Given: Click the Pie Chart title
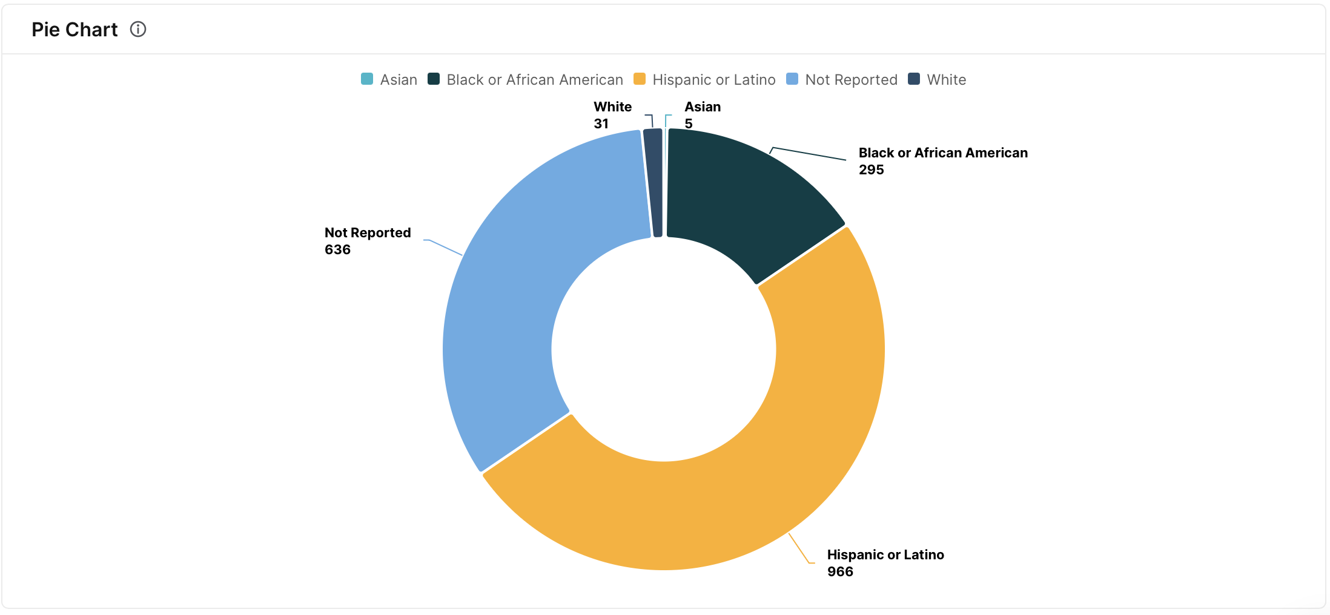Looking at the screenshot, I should coord(74,30).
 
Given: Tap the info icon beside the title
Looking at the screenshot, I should coord(138,29).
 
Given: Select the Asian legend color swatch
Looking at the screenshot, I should coord(367,79).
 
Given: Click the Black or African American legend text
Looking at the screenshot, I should coord(534,80).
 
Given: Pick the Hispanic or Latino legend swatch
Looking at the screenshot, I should coord(639,79).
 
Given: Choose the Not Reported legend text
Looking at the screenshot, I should coord(851,80).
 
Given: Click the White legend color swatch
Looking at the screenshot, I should coord(914,79).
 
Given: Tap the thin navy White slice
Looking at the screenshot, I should coord(653,182).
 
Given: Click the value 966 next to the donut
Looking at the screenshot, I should coord(840,571).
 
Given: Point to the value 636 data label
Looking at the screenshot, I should coord(337,249).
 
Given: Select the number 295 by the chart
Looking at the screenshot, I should coord(871,169).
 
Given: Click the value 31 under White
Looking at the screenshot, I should coord(601,123).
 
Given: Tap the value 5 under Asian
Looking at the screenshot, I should coord(689,123).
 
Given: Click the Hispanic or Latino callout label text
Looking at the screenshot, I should coord(885,554).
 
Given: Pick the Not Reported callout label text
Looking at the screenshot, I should coord(368,232).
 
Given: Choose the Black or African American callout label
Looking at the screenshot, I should coord(943,153).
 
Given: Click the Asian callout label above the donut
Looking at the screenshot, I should coord(703,107).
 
